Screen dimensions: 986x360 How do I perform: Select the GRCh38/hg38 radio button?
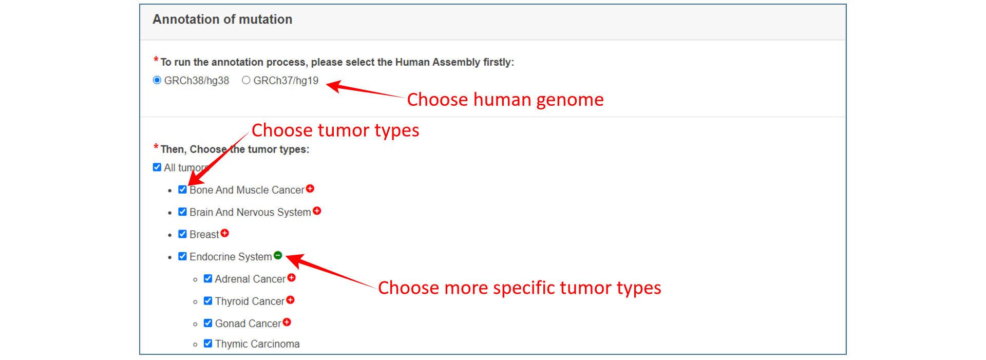(157, 80)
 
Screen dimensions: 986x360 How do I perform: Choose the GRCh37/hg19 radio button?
(246, 80)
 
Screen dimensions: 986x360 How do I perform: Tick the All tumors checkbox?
(157, 167)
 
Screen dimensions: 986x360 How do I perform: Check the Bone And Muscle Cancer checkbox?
(182, 190)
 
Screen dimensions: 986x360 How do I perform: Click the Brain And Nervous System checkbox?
(182, 212)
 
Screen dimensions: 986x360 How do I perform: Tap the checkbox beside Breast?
(182, 234)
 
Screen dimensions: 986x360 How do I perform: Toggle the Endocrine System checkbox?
(182, 256)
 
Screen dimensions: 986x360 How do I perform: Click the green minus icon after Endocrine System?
(278, 255)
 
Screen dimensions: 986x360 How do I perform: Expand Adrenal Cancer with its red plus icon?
(292, 278)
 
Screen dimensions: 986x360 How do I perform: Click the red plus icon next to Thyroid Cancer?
(291, 300)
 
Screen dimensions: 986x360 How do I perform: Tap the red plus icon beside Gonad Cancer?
(287, 322)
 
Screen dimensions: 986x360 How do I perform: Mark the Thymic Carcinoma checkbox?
(208, 344)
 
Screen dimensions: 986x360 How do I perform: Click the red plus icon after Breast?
(225, 233)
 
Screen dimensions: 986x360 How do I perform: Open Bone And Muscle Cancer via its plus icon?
(310, 188)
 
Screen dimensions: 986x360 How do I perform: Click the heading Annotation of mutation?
(222, 20)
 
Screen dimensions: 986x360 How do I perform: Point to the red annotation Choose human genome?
(505, 100)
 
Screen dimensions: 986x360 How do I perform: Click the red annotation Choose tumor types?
(335, 130)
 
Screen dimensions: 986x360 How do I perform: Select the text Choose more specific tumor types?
(520, 288)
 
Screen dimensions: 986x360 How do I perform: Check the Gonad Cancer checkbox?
(208, 323)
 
